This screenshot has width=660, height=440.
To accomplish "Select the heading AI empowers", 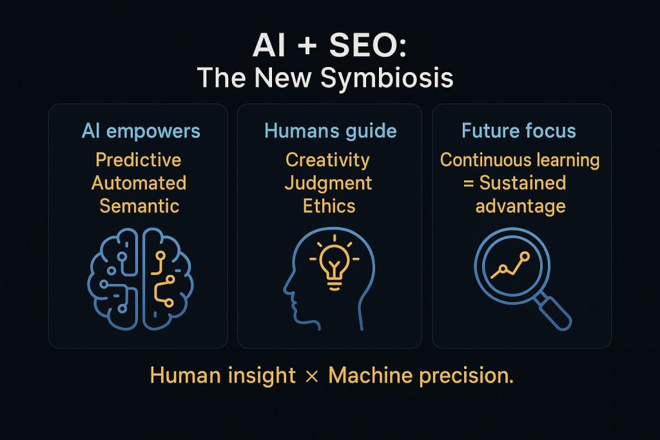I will point(141,131).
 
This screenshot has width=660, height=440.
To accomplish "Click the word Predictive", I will point(138,159).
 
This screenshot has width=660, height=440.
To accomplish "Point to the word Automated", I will point(139,183).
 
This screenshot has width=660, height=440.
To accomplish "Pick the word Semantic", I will point(139,206).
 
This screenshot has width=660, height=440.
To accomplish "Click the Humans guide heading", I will point(330,131).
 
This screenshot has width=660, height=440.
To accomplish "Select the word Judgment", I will point(329,183).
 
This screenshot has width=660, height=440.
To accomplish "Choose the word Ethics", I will point(329,206).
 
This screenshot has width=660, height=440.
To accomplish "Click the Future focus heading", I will point(519,131).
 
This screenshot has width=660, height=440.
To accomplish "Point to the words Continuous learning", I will point(519,159).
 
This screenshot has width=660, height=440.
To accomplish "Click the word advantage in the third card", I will point(520,206).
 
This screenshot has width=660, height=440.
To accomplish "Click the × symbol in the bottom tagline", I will point(312,376).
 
